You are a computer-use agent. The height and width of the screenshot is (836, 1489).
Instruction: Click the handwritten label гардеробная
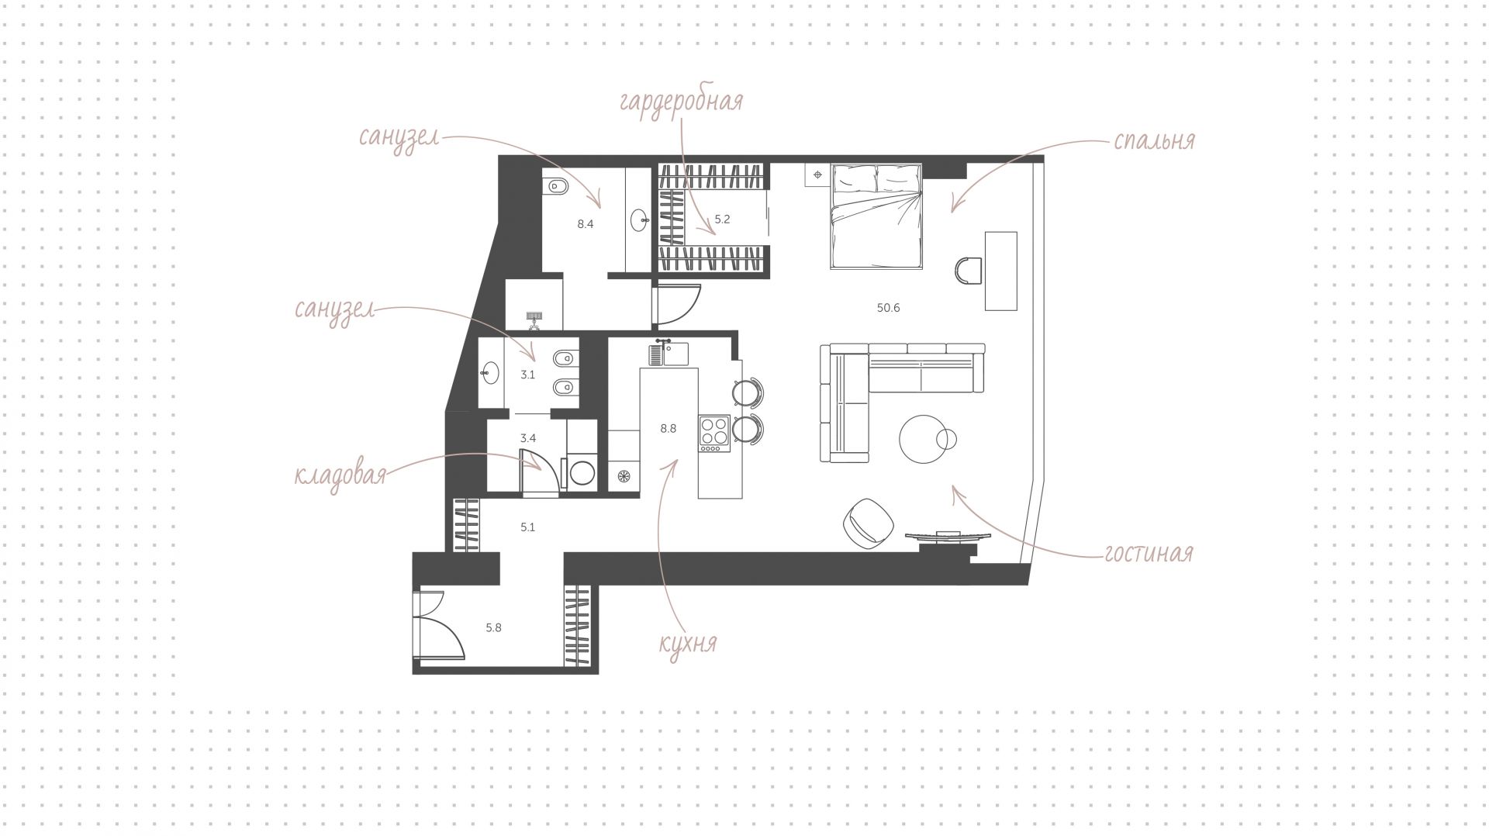(x=681, y=102)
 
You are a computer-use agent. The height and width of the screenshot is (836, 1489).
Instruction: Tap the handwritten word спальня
(x=1154, y=141)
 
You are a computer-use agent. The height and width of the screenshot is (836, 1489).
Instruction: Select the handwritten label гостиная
(x=1149, y=553)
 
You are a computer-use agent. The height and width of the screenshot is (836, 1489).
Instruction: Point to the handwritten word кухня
(x=687, y=643)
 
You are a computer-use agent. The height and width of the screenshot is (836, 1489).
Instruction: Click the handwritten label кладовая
(x=340, y=475)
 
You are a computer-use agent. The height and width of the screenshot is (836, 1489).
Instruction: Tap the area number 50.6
(x=888, y=308)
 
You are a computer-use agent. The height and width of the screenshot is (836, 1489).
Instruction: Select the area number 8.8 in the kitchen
(x=668, y=428)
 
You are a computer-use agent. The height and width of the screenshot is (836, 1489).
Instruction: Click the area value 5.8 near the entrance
(x=493, y=628)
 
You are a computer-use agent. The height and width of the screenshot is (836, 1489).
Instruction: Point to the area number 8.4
(x=585, y=225)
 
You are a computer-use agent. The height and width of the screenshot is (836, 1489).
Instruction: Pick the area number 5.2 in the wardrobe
(x=722, y=219)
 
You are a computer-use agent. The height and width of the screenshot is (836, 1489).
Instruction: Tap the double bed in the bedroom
(x=876, y=216)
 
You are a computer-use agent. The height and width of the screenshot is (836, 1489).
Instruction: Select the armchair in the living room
(x=869, y=523)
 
